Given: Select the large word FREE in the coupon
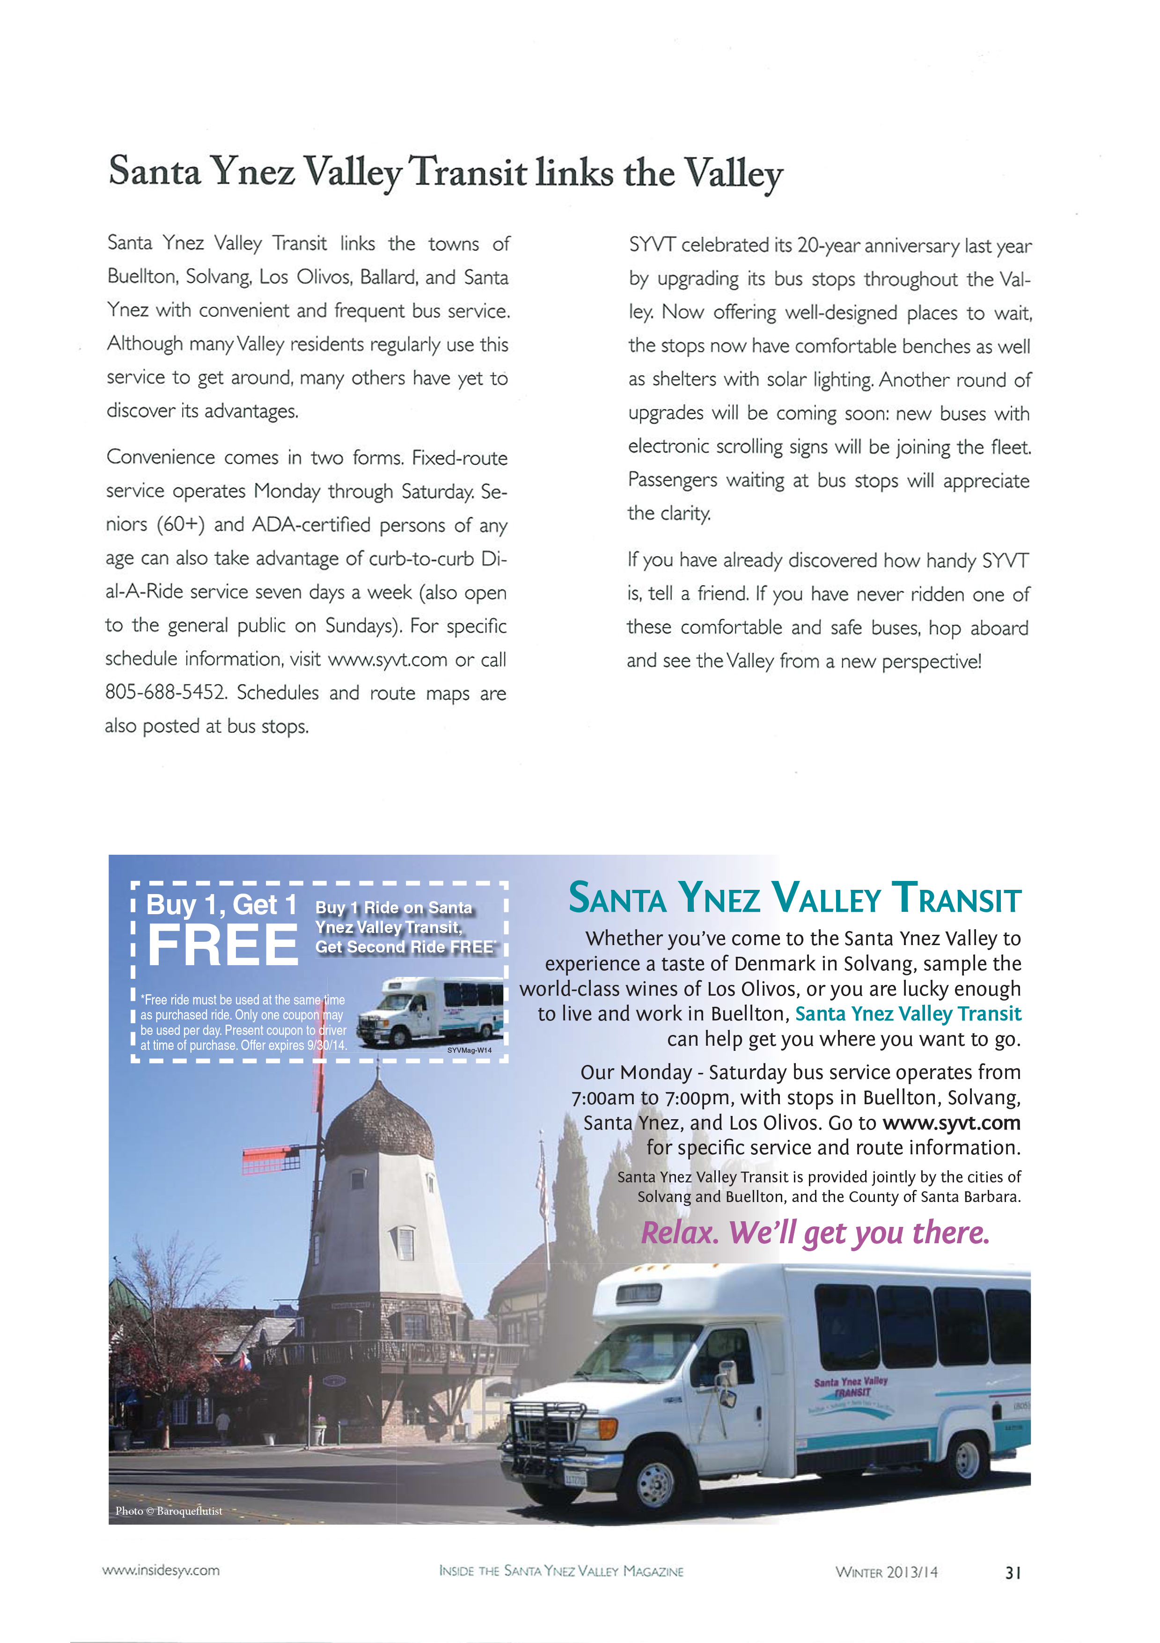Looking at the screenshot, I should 222,945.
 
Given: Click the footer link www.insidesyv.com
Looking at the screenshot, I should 161,1570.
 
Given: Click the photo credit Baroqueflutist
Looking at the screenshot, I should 189,1511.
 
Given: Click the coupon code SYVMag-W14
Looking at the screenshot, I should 470,1050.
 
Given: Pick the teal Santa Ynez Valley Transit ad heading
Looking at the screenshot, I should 794,898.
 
